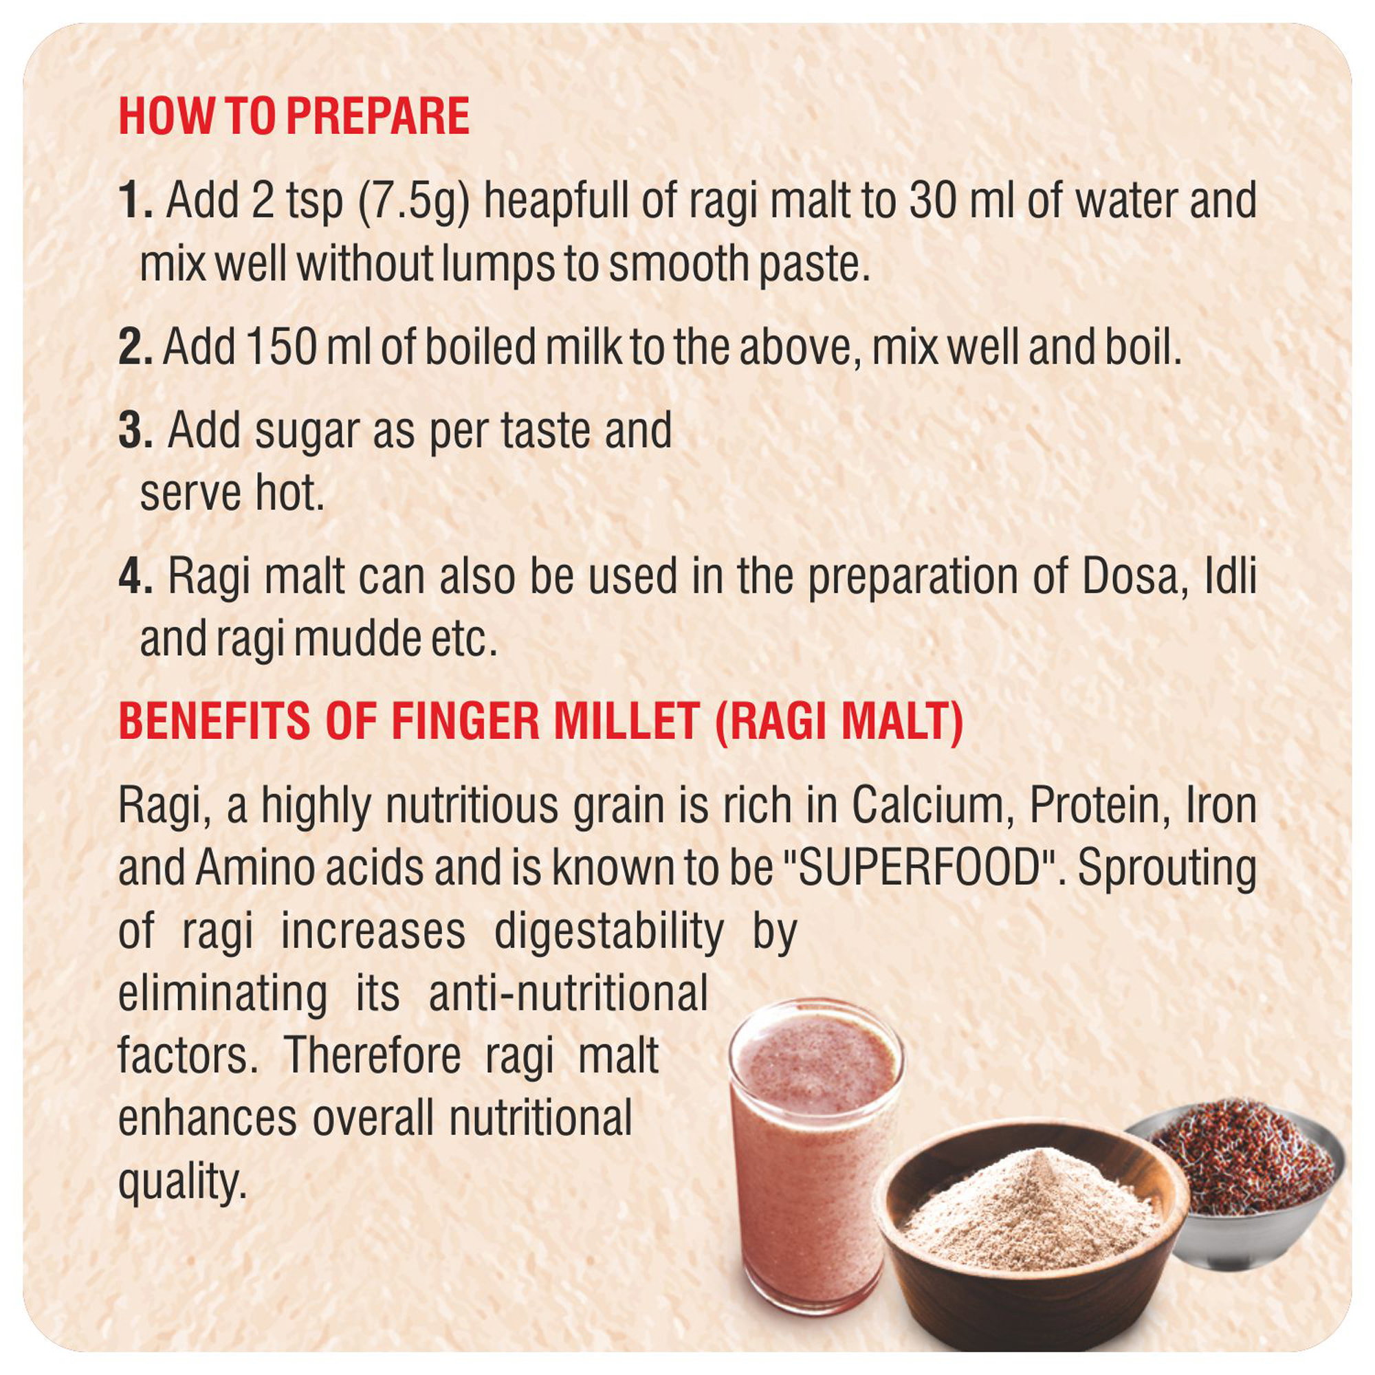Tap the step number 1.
click(135, 201)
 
